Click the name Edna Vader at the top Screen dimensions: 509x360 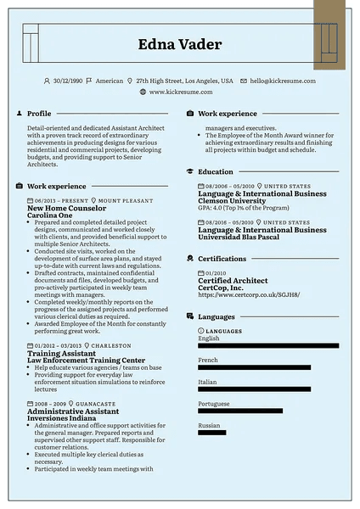(179, 45)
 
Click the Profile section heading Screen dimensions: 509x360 (39, 113)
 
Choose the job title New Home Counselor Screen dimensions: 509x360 (67, 208)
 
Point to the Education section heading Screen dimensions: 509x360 (215, 172)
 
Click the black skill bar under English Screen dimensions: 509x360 (267, 346)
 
